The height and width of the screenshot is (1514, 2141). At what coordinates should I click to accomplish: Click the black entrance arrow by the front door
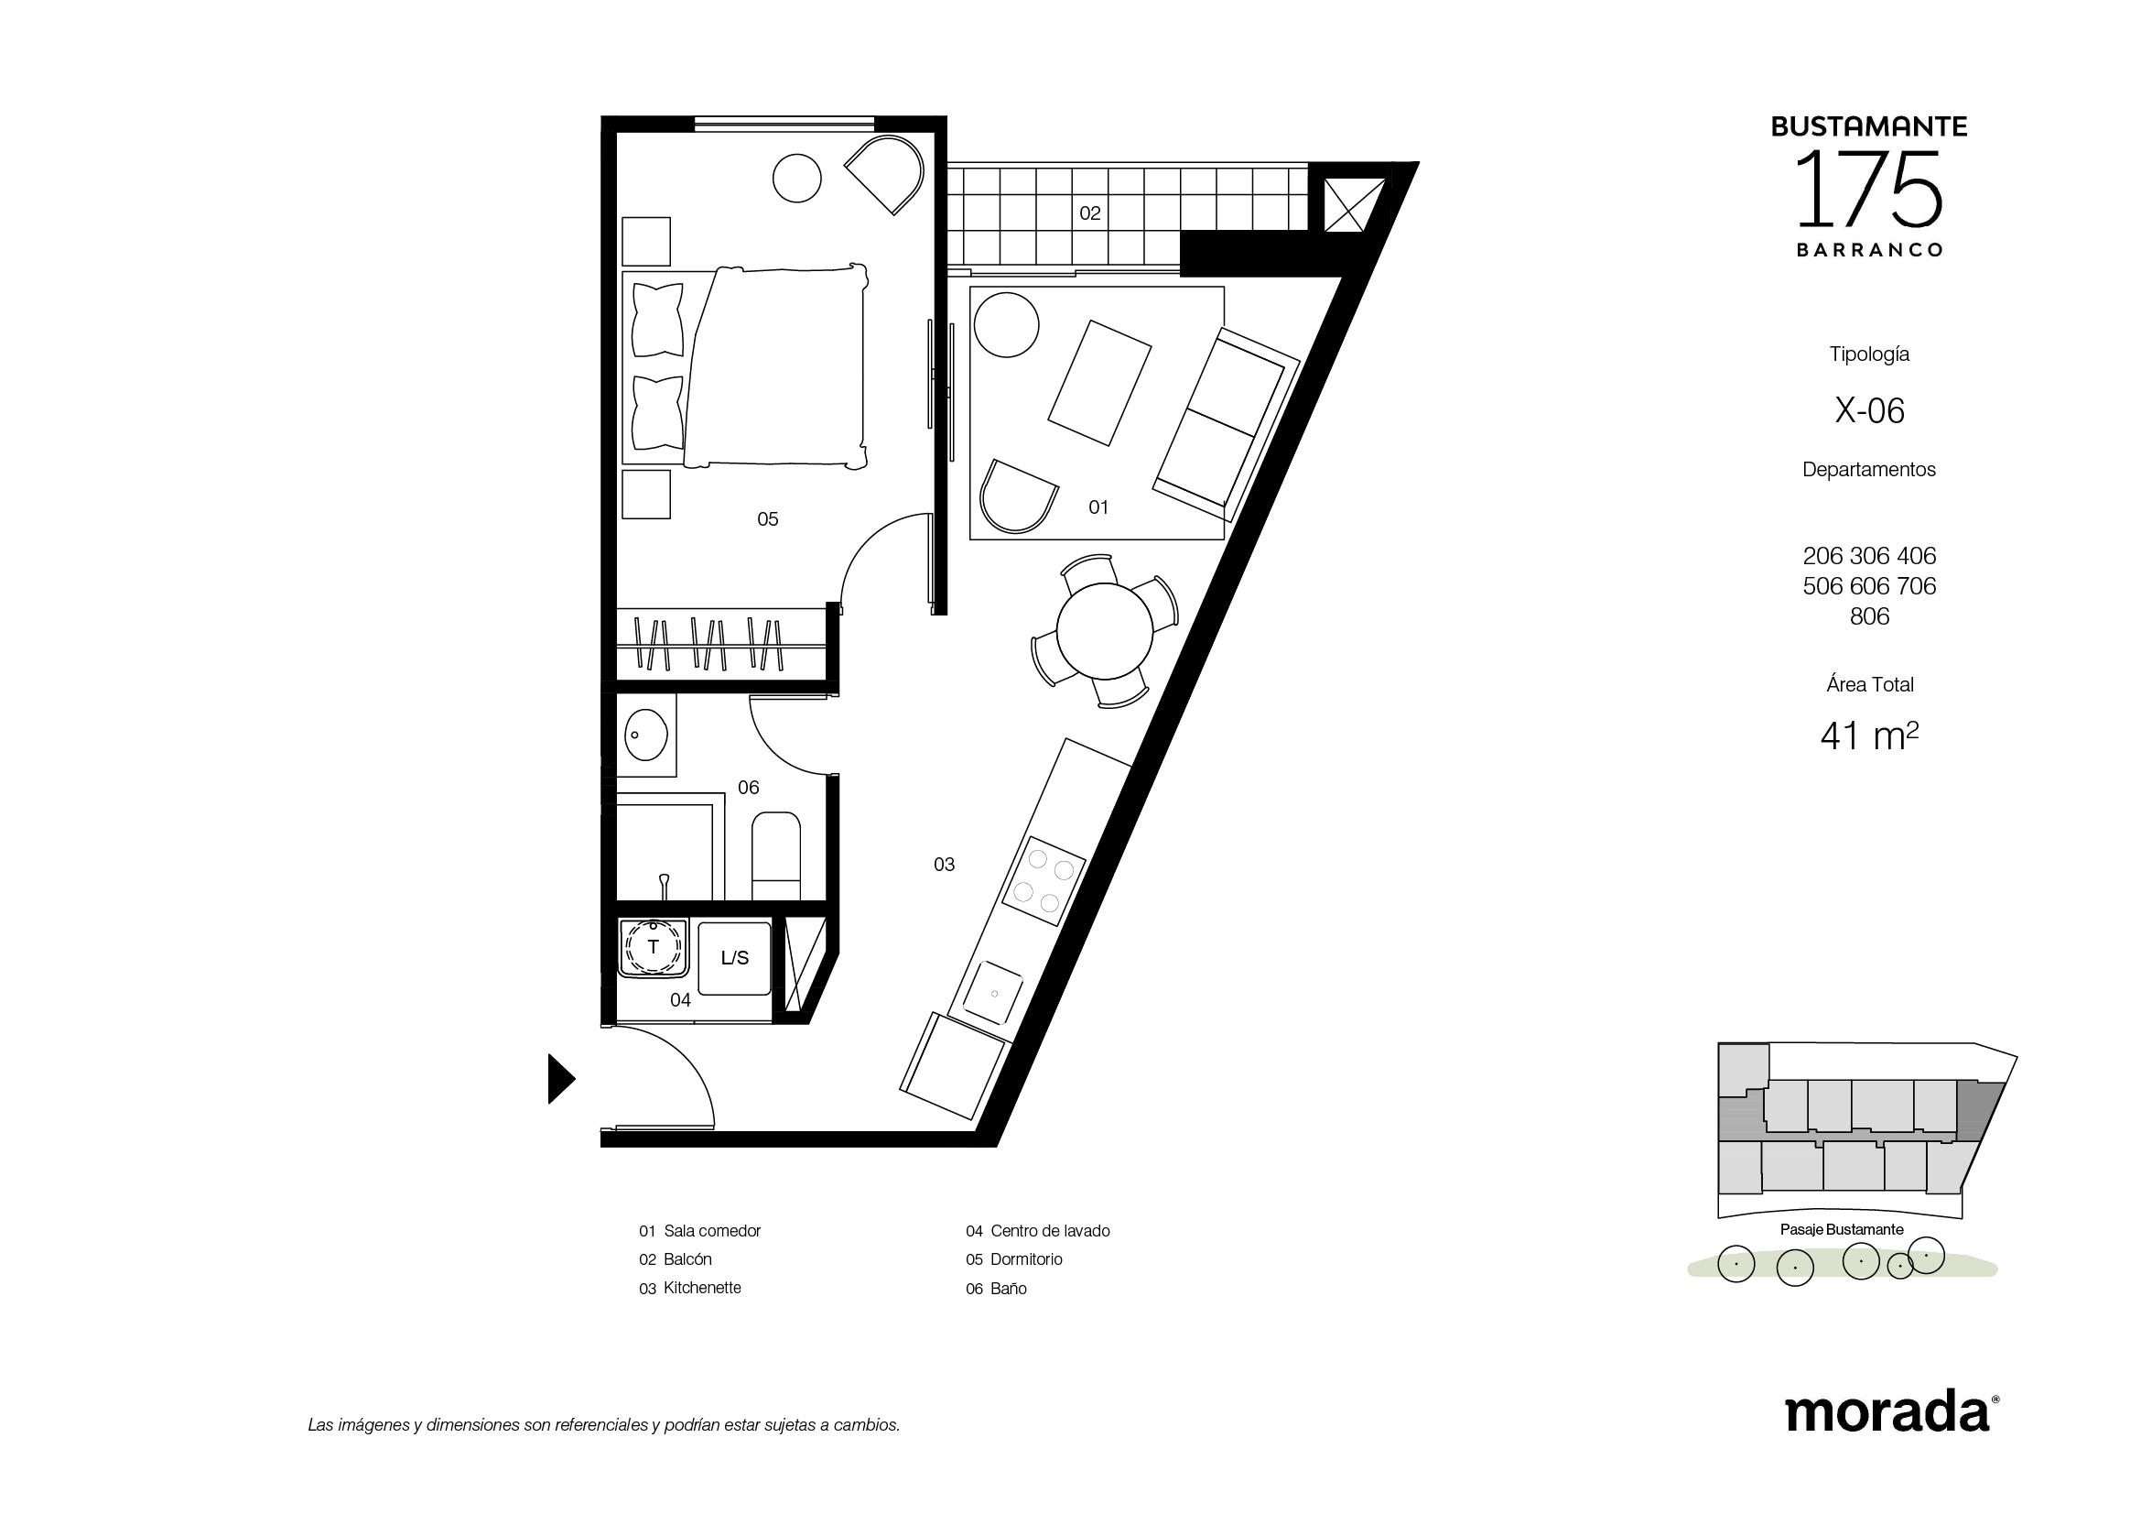click(560, 1078)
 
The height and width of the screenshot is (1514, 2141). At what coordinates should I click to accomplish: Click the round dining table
click(1105, 632)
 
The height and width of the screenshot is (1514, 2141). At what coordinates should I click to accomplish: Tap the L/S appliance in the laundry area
click(735, 958)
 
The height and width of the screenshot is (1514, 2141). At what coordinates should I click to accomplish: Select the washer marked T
click(653, 948)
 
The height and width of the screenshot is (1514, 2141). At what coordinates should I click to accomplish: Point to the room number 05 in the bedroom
click(767, 519)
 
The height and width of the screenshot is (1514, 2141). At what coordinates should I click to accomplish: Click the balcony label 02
click(1090, 213)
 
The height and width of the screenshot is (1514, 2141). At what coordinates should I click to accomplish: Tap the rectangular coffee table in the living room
click(1099, 383)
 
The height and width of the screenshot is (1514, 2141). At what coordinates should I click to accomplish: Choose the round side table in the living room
click(1006, 324)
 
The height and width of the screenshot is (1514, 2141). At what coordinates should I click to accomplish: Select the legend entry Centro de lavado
click(1050, 1231)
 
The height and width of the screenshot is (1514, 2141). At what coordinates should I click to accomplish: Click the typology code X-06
click(1870, 411)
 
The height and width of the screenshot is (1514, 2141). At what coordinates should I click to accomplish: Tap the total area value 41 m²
click(1870, 736)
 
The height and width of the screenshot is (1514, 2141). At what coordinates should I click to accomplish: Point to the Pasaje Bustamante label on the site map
click(1842, 1229)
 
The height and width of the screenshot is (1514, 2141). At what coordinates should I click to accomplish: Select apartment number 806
click(1870, 616)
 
